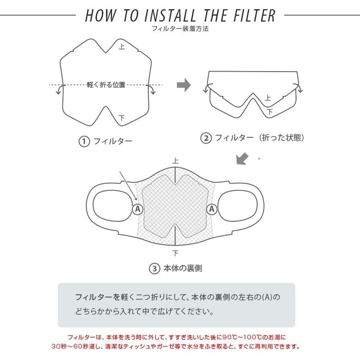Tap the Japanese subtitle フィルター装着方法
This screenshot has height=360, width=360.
[180, 28]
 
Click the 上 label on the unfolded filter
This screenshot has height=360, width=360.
[122, 46]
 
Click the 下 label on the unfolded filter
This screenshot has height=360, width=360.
[122, 118]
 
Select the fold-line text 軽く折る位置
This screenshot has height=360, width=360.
[106, 85]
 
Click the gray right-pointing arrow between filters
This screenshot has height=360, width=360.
[184, 85]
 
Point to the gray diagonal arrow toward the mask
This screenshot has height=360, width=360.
[242, 159]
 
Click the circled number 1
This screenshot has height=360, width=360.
[84, 141]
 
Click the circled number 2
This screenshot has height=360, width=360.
[206, 138]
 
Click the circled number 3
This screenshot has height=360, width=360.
[154, 269]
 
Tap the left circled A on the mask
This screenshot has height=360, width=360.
[138, 209]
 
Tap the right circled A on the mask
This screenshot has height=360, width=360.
[212, 209]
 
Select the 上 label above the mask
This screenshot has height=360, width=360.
[175, 161]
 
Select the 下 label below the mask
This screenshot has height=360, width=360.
[175, 253]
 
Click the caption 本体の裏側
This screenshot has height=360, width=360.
[182, 269]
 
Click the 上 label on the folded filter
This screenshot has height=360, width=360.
[268, 98]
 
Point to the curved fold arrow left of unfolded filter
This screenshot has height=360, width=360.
[59, 90]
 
